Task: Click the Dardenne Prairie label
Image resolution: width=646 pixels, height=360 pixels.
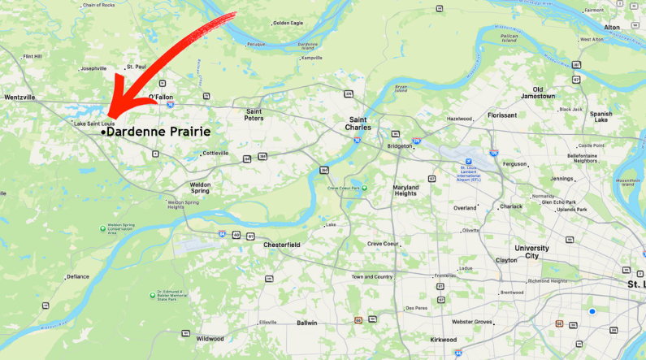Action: tap(158, 132)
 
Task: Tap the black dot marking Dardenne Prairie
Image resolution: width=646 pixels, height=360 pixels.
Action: tap(102, 132)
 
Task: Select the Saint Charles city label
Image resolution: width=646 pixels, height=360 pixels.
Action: tap(358, 124)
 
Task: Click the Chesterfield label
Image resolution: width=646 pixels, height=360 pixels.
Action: tap(282, 245)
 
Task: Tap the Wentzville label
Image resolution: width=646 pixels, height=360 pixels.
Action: tap(20, 97)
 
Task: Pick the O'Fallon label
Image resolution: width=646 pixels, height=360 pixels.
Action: tap(161, 97)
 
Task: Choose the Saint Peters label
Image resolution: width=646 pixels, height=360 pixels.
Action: tap(254, 115)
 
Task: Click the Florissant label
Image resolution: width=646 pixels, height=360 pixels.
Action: tap(502, 115)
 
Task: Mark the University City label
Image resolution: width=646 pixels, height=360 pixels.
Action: tap(531, 252)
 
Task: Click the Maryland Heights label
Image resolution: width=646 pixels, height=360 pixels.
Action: tap(405, 190)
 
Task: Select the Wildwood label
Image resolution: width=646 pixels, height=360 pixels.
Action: tap(210, 338)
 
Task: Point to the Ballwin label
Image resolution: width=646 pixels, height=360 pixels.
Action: tap(307, 323)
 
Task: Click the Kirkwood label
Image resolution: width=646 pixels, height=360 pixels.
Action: tap(444, 340)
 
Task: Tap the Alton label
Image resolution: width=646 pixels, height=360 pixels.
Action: tap(611, 27)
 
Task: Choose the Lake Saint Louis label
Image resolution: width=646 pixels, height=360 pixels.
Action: tap(93, 124)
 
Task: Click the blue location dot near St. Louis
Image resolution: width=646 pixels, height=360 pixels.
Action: tap(592, 311)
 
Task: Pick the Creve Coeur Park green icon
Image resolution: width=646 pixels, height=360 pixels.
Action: tap(365, 188)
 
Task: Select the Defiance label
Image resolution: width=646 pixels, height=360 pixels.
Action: tap(78, 276)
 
